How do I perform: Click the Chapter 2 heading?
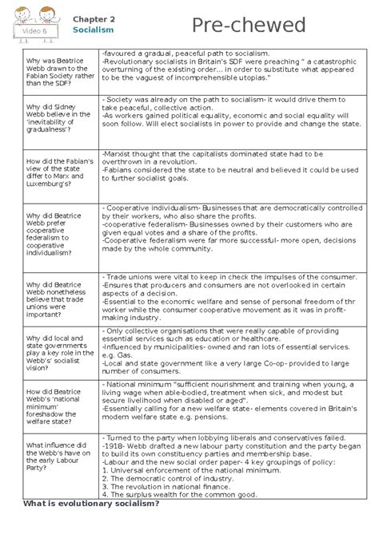tap(94, 18)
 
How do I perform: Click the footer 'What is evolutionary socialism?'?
tap(91, 504)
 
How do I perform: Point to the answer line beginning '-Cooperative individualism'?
tap(223, 208)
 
